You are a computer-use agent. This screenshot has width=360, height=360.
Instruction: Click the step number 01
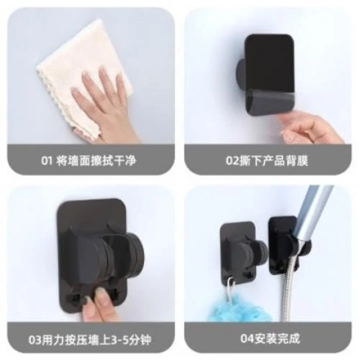47,160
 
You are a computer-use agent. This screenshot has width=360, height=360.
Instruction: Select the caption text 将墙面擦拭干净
96,160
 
